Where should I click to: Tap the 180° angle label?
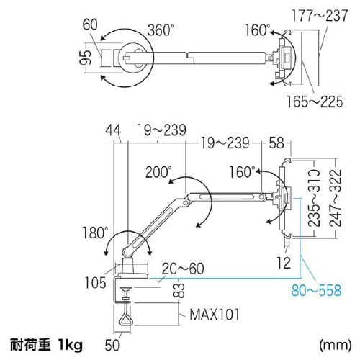tap(95, 233)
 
